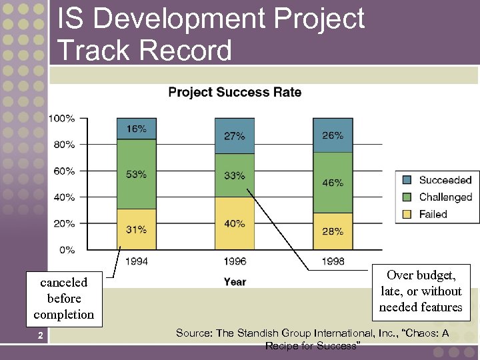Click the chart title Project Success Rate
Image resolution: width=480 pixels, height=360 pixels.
coord(235,92)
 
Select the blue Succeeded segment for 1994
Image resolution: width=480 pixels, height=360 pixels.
coord(136,129)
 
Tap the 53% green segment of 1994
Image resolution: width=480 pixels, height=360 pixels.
coord(136,174)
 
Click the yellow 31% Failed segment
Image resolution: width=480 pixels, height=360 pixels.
coord(136,229)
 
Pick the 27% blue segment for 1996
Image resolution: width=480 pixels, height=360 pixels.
coord(234,136)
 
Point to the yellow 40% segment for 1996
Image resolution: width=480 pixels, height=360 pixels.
coord(234,224)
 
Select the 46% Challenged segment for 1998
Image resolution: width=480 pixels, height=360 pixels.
coord(333,182)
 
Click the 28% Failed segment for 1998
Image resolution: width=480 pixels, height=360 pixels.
coord(333,231)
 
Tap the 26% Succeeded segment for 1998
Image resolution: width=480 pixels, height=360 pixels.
coord(333,135)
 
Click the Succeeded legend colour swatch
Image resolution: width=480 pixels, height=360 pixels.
coord(407,180)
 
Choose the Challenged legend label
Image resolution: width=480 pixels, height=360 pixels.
coord(445,197)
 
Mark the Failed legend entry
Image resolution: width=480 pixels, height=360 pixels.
coord(433,214)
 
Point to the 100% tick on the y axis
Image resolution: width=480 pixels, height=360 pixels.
coord(62,119)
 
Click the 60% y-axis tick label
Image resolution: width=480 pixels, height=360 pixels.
coord(64,171)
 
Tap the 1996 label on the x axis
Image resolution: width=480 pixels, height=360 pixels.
coord(234,261)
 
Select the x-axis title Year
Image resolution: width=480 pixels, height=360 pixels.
coord(235,282)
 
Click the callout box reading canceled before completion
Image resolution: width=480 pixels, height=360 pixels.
coord(64,299)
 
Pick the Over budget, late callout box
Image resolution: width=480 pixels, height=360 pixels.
coord(421,291)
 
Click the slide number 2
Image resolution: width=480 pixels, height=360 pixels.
coord(41,335)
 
